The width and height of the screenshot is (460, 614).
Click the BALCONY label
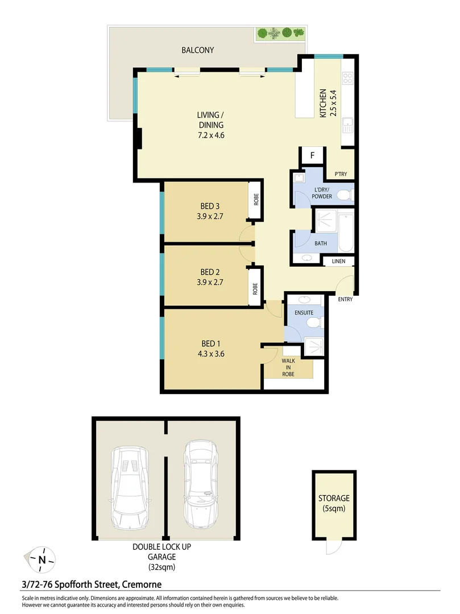(198, 50)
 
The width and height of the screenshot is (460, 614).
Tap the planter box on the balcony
(280, 33)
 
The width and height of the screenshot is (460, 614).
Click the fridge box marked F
(312, 155)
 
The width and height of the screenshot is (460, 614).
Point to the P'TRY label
(341, 175)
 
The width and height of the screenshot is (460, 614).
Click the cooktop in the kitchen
(347, 79)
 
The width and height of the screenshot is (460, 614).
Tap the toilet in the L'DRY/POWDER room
(343, 196)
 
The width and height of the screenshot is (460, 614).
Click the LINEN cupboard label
(339, 262)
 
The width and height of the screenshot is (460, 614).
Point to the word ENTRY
(345, 300)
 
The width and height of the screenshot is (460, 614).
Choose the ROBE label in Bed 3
(256, 200)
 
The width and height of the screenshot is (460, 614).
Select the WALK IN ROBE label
(288, 367)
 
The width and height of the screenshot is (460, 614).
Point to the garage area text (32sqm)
(162, 567)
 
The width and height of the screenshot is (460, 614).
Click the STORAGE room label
(334, 499)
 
